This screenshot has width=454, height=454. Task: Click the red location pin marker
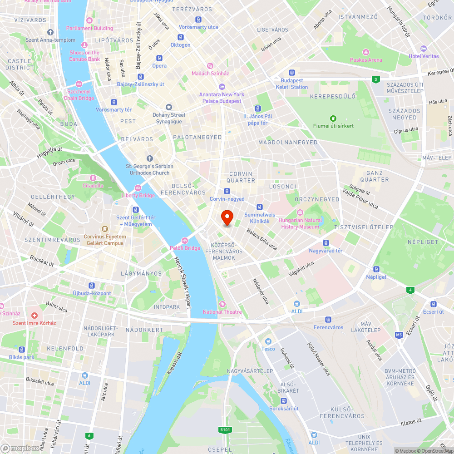tap(227, 218)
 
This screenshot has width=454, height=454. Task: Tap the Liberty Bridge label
tap(138, 195)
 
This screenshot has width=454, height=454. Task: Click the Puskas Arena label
tap(366, 59)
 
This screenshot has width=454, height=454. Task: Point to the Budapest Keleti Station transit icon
tap(292, 73)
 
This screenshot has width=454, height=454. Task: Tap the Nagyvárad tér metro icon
tap(326, 243)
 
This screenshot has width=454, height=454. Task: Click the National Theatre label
tap(222, 311)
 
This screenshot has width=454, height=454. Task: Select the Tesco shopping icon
tap(268, 341)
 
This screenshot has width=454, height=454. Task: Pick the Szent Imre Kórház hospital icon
tap(34, 315)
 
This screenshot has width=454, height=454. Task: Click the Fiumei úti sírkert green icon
tap(333, 118)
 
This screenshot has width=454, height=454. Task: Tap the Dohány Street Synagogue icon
tap(169, 107)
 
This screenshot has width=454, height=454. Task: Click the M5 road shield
tap(399, 335)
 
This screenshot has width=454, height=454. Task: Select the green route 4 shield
tap(410, 290)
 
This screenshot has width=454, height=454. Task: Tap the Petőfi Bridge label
tap(185, 248)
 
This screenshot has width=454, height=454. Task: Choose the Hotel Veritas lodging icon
tap(424, 49)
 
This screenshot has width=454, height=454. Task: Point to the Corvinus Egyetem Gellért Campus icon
tap(104, 229)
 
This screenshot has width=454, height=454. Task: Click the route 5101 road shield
tap(225, 429)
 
